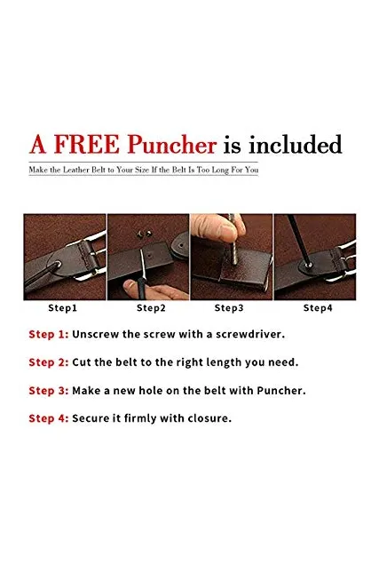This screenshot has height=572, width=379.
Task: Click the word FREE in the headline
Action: (x=87, y=145)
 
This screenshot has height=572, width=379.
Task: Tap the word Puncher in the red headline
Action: (x=172, y=145)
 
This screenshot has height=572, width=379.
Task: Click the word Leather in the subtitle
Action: (x=76, y=170)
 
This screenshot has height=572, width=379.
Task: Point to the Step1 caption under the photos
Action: (x=63, y=308)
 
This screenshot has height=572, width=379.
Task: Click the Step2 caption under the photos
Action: (x=151, y=308)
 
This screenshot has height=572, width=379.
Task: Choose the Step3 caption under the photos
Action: (x=229, y=308)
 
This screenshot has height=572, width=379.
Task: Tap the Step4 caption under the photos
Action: (x=318, y=308)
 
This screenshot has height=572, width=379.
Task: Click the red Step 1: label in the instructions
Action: (x=49, y=334)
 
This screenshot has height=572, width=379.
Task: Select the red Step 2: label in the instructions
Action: (x=49, y=362)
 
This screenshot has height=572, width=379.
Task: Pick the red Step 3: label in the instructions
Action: (x=49, y=390)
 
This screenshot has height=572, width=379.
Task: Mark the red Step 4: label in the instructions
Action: (x=49, y=418)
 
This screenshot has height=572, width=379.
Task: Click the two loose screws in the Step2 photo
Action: (x=144, y=234)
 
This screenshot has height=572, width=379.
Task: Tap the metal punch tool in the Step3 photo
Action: (x=233, y=239)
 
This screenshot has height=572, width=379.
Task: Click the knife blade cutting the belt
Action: (x=143, y=264)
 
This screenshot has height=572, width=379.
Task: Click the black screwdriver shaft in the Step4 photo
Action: (x=299, y=239)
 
